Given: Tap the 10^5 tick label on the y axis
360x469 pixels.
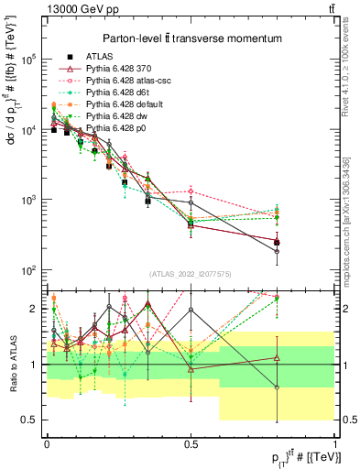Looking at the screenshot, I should pos(27,59).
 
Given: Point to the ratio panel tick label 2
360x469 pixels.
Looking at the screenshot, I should pos(33,309).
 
